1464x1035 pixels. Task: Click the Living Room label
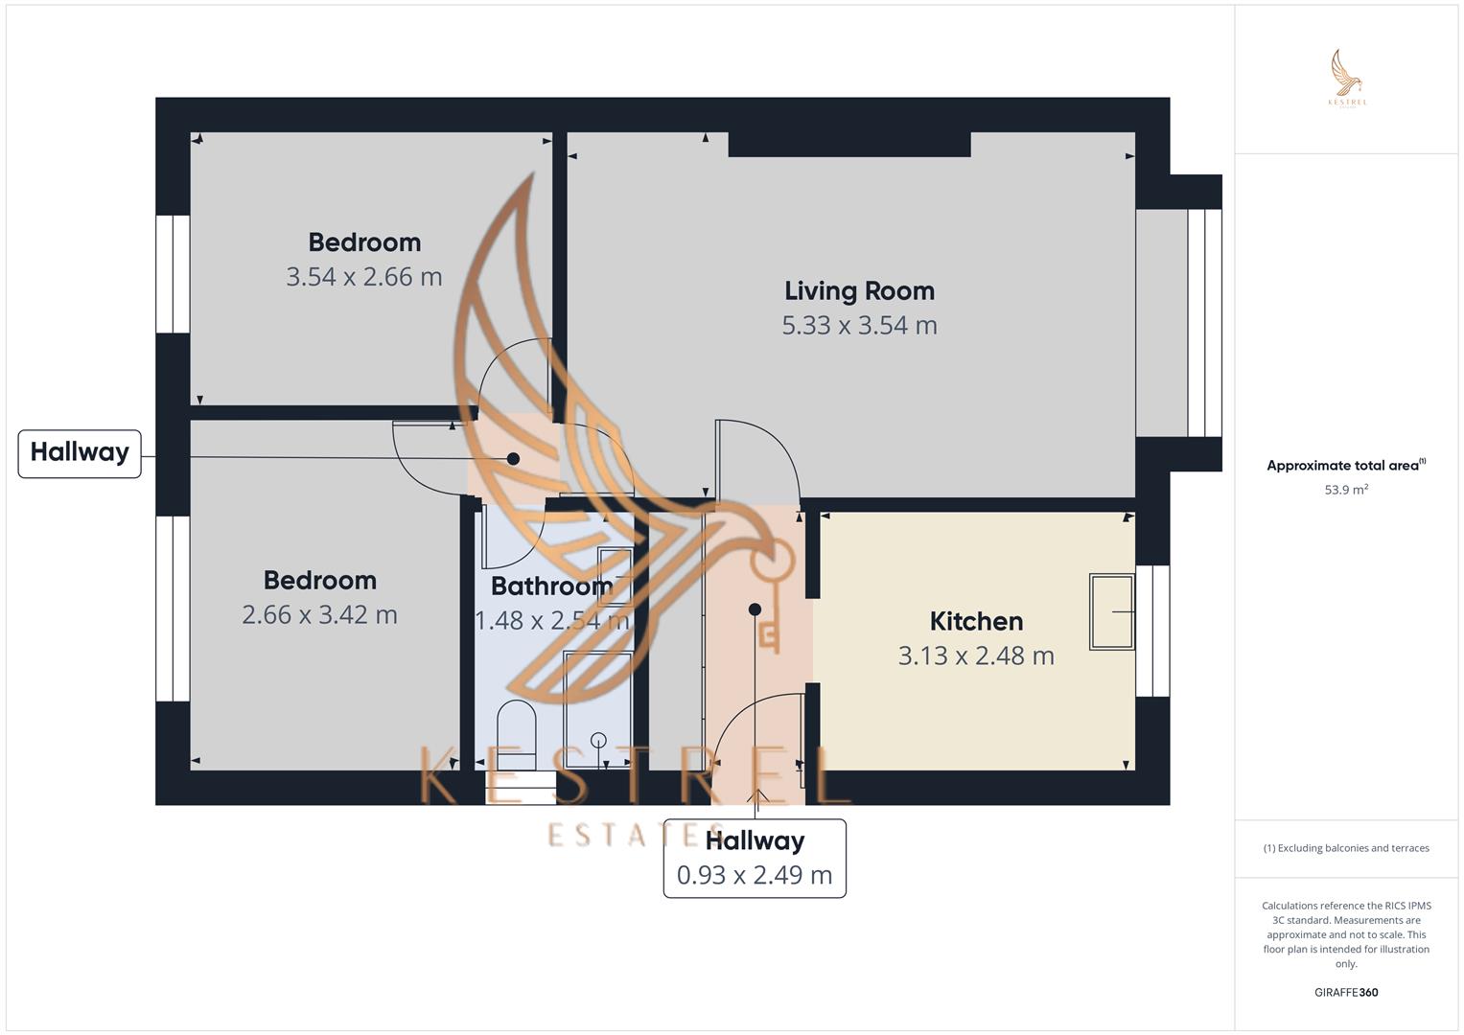tap(859, 290)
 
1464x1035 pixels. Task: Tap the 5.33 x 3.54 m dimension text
tap(859, 326)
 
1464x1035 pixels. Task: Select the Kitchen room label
tap(976, 621)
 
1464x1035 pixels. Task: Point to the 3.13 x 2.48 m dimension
tap(976, 655)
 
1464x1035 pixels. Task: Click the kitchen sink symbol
tap(1111, 611)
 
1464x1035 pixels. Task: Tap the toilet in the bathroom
tap(517, 732)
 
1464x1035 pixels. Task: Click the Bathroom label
tap(551, 586)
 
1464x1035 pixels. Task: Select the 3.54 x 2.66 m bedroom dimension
tap(364, 277)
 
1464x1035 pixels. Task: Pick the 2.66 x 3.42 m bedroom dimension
tap(319, 614)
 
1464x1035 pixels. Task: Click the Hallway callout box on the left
tap(80, 453)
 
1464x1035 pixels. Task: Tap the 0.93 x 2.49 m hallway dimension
tap(755, 875)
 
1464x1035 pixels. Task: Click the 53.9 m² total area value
tap(1346, 490)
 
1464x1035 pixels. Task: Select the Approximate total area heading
tap(1345, 466)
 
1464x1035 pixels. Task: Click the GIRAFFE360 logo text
tap(1346, 992)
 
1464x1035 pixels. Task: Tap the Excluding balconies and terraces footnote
tap(1346, 848)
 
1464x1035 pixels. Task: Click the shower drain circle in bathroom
tap(598, 739)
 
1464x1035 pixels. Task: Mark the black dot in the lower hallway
tap(755, 609)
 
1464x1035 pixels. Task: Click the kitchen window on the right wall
tap(1153, 630)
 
